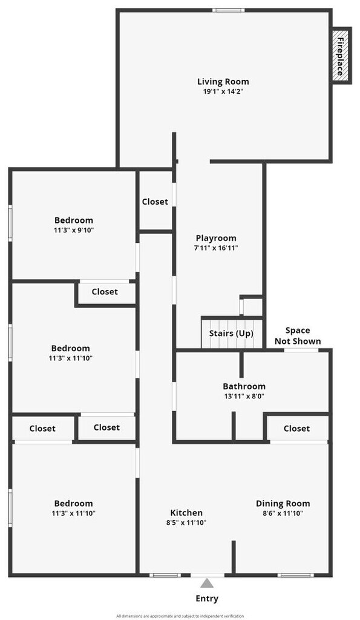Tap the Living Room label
223,82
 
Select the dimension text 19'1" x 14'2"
223,91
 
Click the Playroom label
216,238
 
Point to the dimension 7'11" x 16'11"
217,248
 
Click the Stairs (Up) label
231,334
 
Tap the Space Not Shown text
298,335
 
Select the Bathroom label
244,386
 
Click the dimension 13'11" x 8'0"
244,396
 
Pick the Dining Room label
283,504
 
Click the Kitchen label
186,513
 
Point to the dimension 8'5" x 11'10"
186,523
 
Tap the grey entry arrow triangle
207,583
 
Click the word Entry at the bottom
207,599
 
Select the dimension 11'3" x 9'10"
74,230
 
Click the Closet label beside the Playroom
155,202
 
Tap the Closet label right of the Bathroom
296,429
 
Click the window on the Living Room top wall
228,10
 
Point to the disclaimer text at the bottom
180,616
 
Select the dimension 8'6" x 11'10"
283,513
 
